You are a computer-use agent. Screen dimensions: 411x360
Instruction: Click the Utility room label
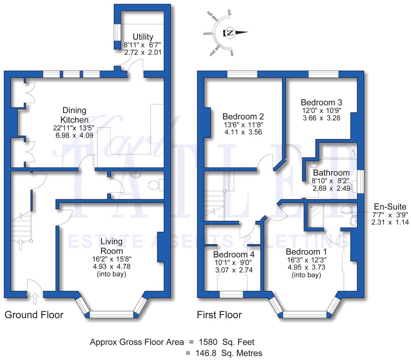143,37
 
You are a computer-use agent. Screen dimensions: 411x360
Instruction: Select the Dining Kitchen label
74,115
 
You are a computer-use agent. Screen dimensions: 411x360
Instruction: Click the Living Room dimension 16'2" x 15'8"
112,259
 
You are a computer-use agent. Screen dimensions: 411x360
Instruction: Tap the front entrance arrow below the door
35,299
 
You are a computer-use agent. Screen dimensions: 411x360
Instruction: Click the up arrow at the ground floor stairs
21,244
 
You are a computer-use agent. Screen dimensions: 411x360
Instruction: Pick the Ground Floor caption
34,315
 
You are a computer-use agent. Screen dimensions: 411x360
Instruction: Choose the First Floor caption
219,315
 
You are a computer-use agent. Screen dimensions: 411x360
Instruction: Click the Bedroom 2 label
243,117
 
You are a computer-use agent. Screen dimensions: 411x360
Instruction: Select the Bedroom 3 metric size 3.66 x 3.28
321,118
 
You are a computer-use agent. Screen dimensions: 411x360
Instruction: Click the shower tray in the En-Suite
315,215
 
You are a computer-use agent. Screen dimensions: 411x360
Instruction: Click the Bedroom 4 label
234,254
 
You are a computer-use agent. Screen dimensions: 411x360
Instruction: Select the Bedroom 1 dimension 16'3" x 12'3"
307,260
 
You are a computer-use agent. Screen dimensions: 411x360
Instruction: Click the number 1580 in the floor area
208,342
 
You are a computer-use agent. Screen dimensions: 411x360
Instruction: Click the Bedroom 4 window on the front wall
231,294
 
